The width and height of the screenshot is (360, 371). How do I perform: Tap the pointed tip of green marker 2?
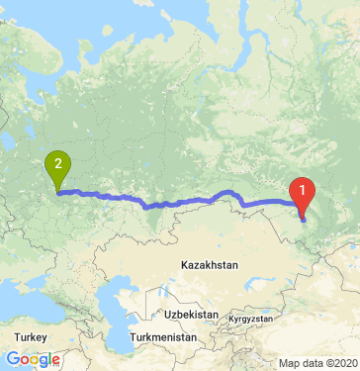(58, 192)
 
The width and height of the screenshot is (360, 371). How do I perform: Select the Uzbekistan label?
(191, 313)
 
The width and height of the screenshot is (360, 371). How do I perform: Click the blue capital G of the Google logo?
(12, 359)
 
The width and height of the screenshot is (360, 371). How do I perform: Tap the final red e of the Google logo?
(55, 360)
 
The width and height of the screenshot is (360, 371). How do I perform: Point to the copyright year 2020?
(345, 363)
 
